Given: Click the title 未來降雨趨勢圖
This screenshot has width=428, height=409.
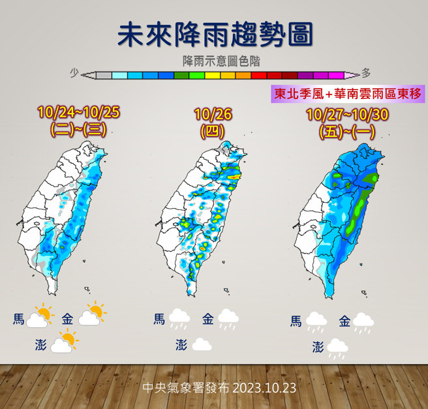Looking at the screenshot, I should [x=214, y=34].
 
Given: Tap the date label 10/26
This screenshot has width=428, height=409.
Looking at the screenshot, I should [x=213, y=115].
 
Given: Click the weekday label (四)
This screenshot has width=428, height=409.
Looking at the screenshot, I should [x=213, y=130].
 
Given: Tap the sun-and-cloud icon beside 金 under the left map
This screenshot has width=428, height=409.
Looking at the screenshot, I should [x=91, y=315].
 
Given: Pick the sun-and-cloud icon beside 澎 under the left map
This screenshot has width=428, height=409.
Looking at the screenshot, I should [x=64, y=342].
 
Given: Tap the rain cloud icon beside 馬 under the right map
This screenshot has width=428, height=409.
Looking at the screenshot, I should [x=316, y=322].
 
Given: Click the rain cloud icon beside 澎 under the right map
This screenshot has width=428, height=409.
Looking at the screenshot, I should [x=337, y=348].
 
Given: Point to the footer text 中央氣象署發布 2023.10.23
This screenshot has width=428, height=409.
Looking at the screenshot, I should [x=219, y=387].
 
